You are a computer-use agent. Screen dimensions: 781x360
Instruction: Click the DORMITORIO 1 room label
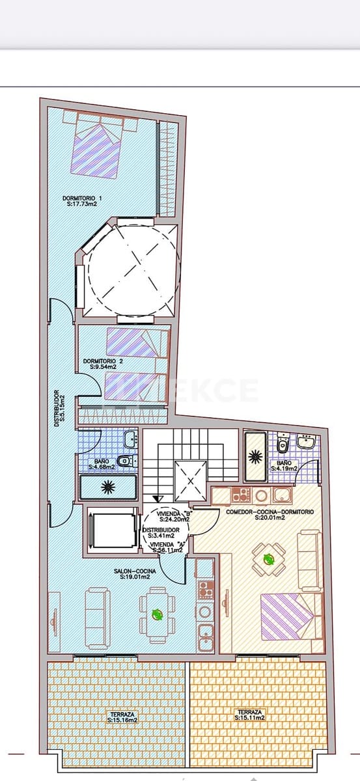(82, 198)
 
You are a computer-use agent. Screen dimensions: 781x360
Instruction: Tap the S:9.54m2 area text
(104, 367)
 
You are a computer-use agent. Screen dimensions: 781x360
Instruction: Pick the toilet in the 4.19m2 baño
(283, 445)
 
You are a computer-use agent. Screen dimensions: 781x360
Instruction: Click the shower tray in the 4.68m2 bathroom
(108, 486)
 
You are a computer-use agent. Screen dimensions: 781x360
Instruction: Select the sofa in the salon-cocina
(98, 617)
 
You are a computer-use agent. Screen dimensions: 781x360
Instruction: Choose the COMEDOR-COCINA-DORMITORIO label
(270, 512)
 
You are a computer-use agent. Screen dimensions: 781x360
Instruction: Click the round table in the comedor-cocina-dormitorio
(268, 558)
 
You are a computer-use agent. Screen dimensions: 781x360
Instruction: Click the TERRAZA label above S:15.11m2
(250, 711)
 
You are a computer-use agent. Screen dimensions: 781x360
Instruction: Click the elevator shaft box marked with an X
(191, 482)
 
